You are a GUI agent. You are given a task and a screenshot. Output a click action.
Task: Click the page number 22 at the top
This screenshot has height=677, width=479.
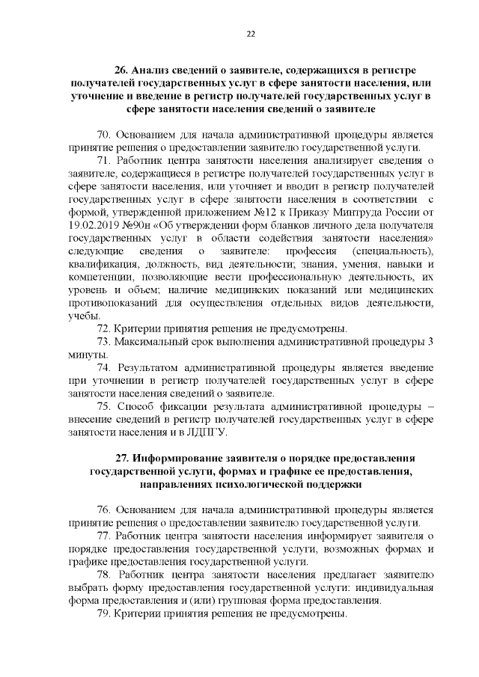pos(251,32)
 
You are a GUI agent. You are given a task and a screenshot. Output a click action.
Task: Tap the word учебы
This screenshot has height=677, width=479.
pos(79,316)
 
